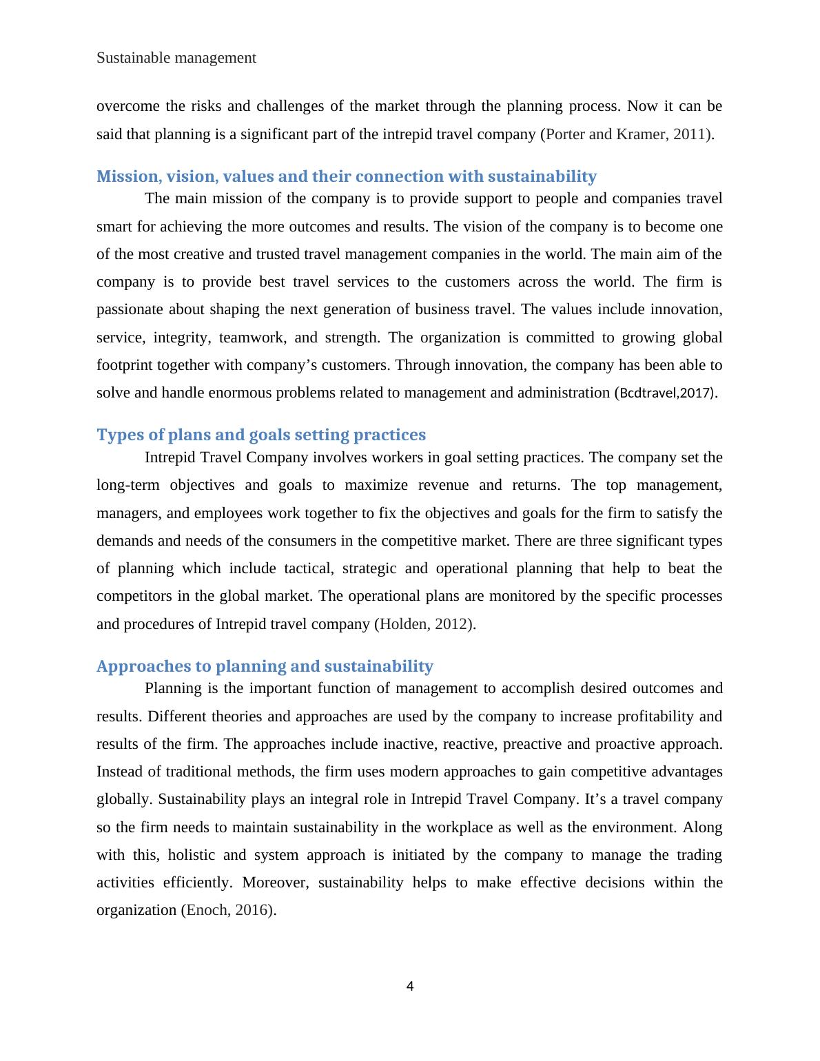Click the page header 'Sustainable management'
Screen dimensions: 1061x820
[x=176, y=58]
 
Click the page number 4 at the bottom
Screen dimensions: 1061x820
[x=410, y=986]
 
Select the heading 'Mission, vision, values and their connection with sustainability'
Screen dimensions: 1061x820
[x=346, y=176]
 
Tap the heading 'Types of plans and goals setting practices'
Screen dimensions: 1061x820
[x=260, y=435]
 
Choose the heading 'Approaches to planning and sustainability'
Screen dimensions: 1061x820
[x=265, y=666]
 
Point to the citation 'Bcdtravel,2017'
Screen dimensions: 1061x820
[x=664, y=393]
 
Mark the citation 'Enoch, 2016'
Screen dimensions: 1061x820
[x=227, y=909]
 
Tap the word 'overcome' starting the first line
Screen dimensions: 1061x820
[x=125, y=105]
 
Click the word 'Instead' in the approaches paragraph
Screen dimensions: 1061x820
[x=118, y=771]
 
